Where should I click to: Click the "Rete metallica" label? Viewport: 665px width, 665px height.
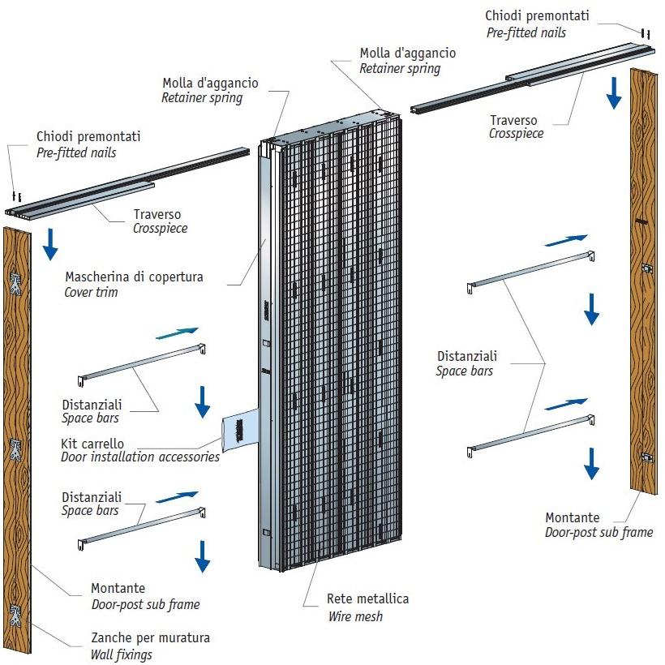point(367,599)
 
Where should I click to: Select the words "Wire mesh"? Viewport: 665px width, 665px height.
point(354,616)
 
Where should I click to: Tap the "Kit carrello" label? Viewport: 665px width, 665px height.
point(93,444)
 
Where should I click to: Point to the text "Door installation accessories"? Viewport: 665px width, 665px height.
point(140,457)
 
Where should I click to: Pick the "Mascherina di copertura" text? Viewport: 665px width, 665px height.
point(134,277)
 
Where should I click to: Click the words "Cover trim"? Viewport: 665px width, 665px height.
point(91,292)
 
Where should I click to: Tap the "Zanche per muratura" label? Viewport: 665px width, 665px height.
point(150,637)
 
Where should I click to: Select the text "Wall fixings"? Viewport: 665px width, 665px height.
point(122,654)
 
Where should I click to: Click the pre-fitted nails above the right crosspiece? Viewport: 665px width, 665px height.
point(644,34)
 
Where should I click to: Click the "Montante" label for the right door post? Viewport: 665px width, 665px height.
point(572,517)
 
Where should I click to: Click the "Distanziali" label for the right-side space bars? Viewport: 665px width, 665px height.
point(467,356)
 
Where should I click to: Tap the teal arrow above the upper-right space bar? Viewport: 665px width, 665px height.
point(565,240)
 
